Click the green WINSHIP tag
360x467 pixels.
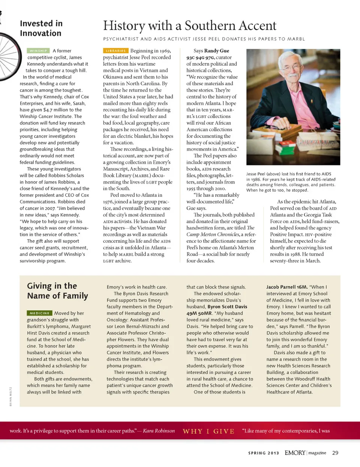pyautogui.click(x=38, y=51)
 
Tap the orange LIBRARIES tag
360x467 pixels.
pyautogui.click(x=115, y=51)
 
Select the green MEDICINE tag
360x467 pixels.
pyautogui.click(x=39, y=313)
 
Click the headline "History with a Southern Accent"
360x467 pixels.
pyautogui.click(x=189, y=26)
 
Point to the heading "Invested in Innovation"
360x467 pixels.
pyautogui.click(x=41, y=29)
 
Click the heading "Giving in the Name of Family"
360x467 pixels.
pyautogui.click(x=57, y=291)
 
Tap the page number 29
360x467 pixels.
pyautogui.click(x=335, y=453)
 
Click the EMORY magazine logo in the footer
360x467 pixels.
pyautogui.click(x=305, y=453)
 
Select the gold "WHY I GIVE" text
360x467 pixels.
pyautogui.click(x=208, y=431)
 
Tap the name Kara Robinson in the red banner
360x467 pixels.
pyautogui.click(x=159, y=431)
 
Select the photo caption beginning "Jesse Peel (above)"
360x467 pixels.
pyautogui.click(x=291, y=182)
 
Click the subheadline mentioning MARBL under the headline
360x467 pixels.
pyautogui.click(x=204, y=39)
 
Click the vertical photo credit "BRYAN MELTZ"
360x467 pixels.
pyautogui.click(x=10, y=396)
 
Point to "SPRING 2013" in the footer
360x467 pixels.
pyautogui.click(x=263, y=453)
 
